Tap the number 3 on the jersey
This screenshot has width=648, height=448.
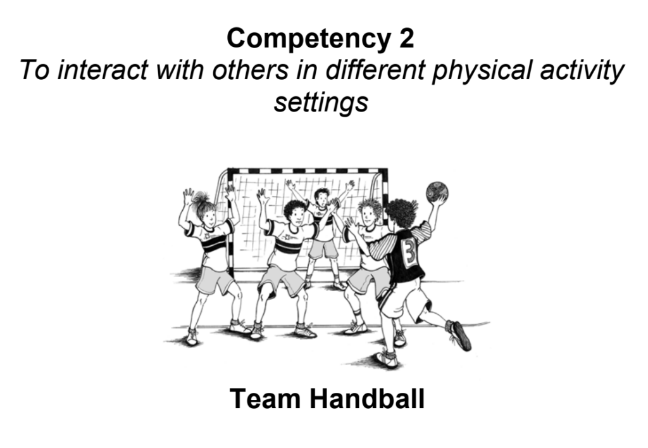[409, 255]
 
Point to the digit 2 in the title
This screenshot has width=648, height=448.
[406, 39]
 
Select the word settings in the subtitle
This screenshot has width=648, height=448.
[321, 102]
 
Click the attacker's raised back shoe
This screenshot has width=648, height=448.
[459, 335]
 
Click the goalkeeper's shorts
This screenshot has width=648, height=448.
[323, 248]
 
